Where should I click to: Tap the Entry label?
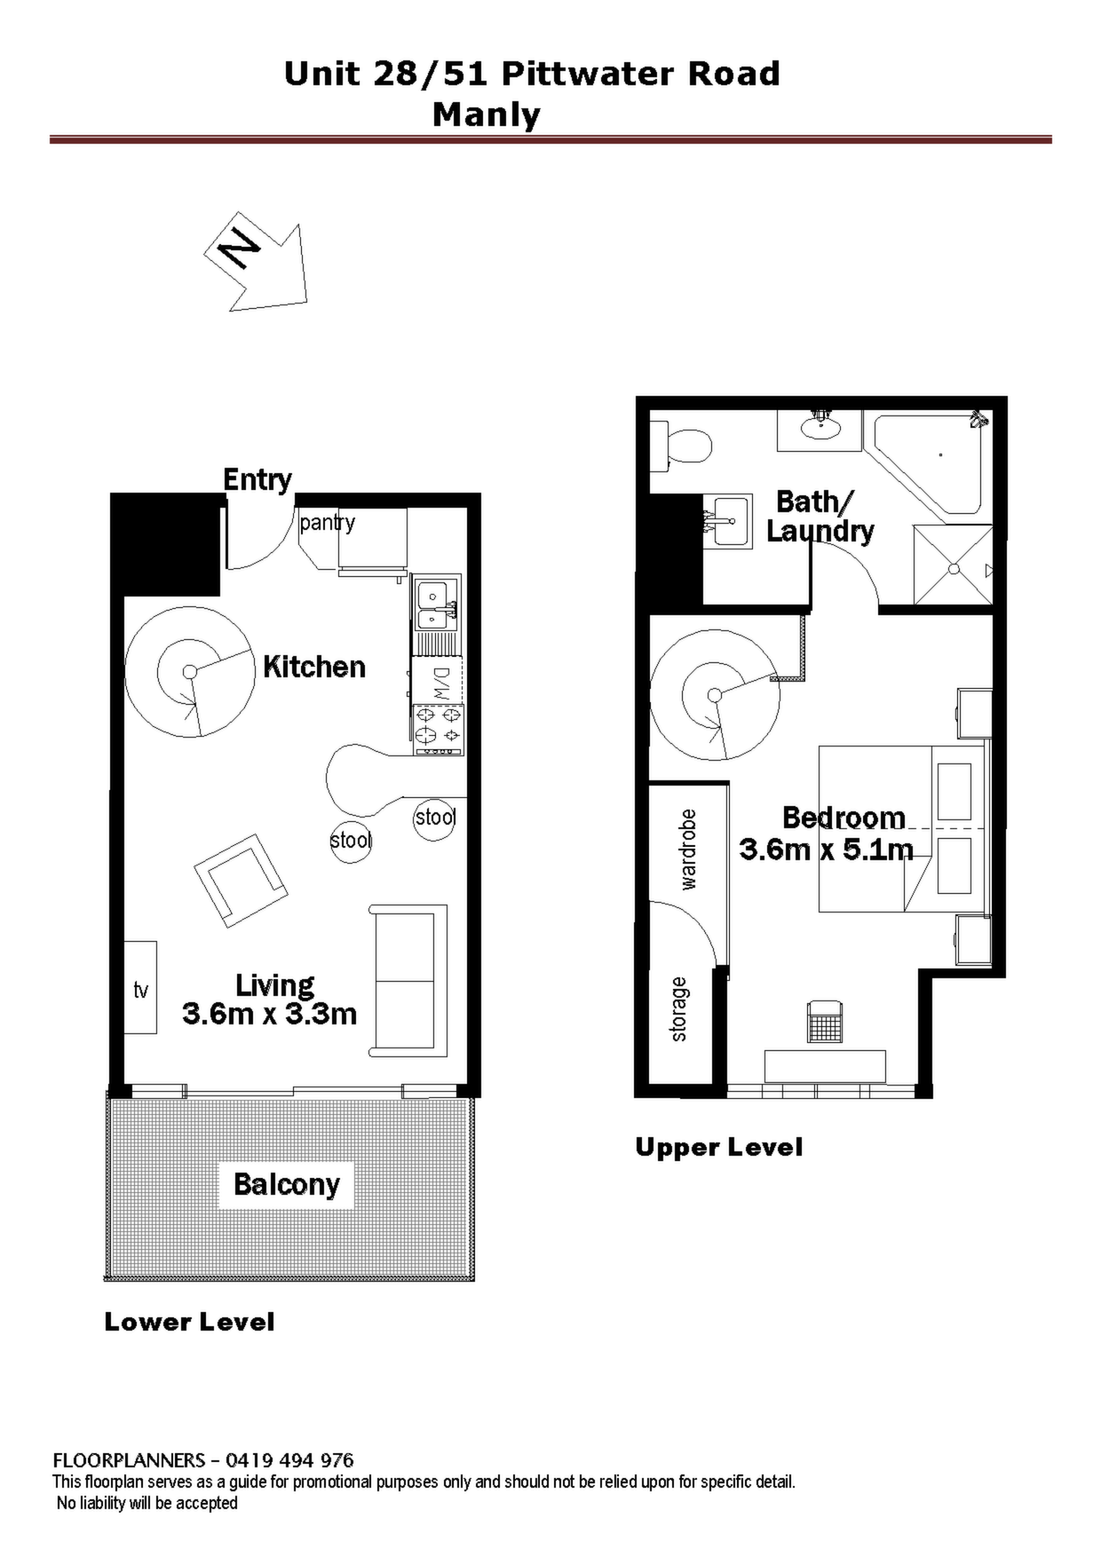pyautogui.click(x=257, y=480)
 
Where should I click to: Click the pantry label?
pyautogui.click(x=327, y=523)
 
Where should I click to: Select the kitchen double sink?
pyautogui.click(x=436, y=604)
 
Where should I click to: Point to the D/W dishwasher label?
pyautogui.click(x=442, y=683)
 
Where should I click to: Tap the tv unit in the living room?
pyautogui.click(x=140, y=987)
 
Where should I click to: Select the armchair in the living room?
pyautogui.click(x=241, y=881)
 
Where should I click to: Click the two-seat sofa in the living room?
pyautogui.click(x=408, y=981)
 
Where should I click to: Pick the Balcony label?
pyautogui.click(x=287, y=1185)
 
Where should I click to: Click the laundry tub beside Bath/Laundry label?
pyautogui.click(x=727, y=521)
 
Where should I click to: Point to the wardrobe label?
pyautogui.click(x=688, y=850)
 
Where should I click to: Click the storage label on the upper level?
pyautogui.click(x=678, y=1009)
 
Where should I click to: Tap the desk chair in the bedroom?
pyautogui.click(x=825, y=1022)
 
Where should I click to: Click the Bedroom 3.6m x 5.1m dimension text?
pyautogui.click(x=826, y=834)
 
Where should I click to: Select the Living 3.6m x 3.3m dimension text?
pyautogui.click(x=270, y=999)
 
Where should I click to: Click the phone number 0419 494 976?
pyautogui.click(x=289, y=1460)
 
